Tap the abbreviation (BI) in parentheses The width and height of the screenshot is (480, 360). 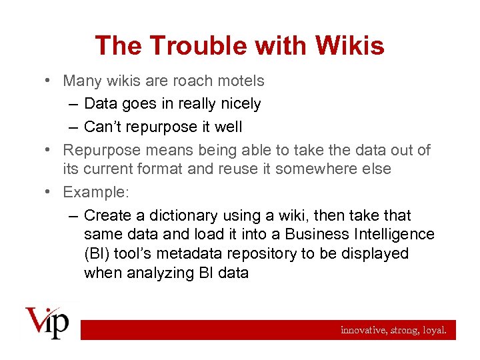[97, 254]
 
